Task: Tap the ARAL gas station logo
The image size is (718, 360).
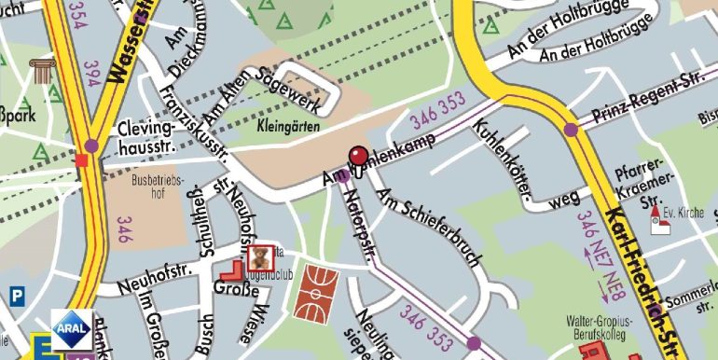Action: coord(71,329)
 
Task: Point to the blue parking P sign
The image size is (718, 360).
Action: coord(16,296)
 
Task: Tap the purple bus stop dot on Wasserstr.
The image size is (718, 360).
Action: coord(91,145)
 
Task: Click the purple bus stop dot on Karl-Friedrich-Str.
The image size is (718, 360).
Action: coord(570,130)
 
